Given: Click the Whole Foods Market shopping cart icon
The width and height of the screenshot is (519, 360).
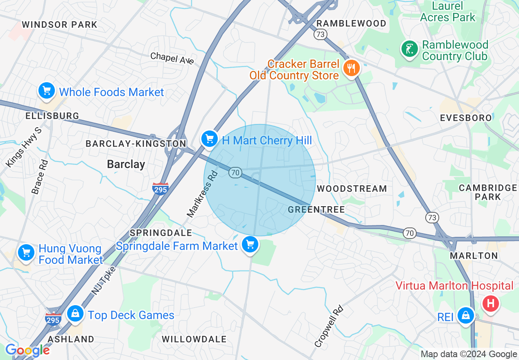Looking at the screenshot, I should (47, 91).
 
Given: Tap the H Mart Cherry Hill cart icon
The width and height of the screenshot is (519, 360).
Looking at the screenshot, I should (210, 139).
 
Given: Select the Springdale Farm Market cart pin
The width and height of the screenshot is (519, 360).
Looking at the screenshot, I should (250, 245).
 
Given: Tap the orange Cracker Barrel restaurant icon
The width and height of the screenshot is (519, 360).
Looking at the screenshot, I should (350, 68).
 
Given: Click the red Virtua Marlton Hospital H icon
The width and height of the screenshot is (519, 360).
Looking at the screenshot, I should (491, 304).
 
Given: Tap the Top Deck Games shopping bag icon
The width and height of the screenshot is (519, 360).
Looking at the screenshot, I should (75, 314).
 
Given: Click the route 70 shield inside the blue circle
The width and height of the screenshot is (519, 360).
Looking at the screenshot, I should (235, 173).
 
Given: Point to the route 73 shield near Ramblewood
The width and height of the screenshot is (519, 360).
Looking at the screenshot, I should (320, 35).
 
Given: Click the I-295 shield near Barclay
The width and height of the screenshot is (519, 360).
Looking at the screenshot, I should (160, 189).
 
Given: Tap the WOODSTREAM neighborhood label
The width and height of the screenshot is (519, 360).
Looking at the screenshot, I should (352, 189).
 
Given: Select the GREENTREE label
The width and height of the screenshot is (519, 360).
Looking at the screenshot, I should (316, 209).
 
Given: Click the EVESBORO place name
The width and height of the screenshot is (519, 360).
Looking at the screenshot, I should (465, 118).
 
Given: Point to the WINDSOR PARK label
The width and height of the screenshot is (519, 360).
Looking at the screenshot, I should (59, 25).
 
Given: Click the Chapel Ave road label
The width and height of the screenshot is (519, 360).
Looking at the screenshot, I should (172, 58).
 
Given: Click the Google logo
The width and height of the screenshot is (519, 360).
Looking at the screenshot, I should (27, 351).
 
